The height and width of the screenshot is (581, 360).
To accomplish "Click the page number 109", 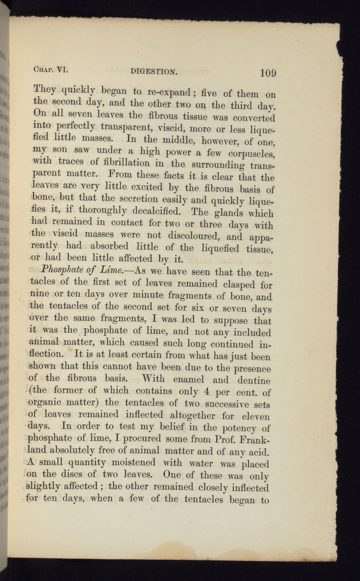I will pos(268,73).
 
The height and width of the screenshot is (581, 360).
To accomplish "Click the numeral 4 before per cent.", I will pos(208,391).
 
